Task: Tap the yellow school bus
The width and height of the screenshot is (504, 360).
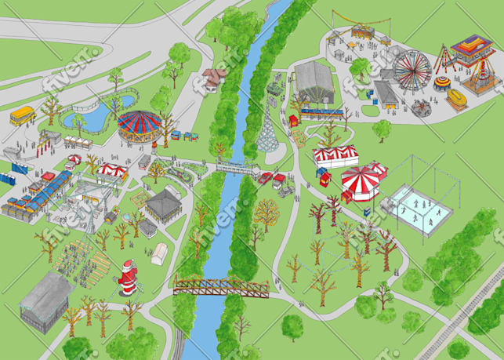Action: coord(23,116)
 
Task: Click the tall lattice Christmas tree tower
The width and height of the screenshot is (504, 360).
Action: coord(268,133)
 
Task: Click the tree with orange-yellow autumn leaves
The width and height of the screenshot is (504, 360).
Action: coord(267,211)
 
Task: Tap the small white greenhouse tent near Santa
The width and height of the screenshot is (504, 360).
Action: coord(159,253)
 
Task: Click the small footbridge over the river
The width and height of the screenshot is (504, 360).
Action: coord(235,166)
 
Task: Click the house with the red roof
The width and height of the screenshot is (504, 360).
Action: coord(213,78)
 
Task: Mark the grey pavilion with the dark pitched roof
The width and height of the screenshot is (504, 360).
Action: coord(163,202)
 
